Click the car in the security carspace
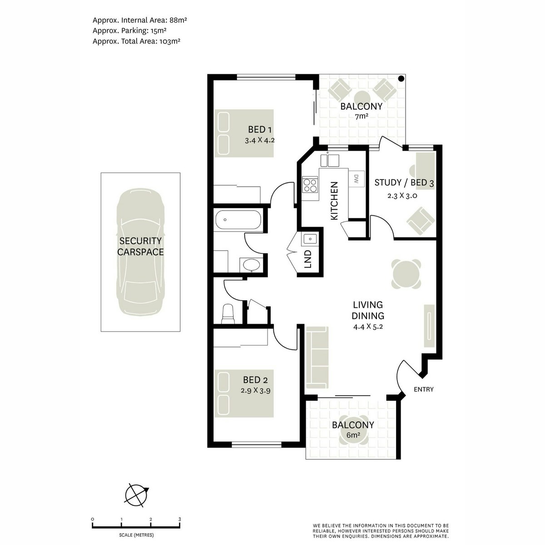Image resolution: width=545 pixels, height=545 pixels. (140, 252)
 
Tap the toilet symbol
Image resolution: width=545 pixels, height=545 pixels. (228, 314)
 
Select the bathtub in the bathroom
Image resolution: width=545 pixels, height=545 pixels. (238, 220)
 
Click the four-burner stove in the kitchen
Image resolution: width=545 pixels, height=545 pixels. (310, 184)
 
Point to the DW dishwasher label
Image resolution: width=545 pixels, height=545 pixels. (356, 178)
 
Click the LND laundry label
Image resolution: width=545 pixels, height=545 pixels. (308, 259)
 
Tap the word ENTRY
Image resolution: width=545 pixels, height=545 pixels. (423, 389)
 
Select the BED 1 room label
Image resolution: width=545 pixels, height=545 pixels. (260, 129)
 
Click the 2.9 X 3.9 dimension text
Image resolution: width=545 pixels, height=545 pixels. (255, 391)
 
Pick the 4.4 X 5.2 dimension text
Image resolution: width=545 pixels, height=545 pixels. (368, 327)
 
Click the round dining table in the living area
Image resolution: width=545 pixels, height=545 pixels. (406, 274)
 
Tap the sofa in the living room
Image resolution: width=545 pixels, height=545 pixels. (317, 357)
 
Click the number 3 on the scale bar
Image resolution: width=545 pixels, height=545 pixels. (179, 519)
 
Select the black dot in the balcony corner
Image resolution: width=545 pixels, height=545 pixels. (401, 79)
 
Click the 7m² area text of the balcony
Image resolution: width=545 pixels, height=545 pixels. (361, 116)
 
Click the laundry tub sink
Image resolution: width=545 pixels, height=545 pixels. (310, 239)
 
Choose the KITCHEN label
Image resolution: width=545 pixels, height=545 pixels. (334, 201)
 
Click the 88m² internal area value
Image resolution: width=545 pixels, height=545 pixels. (178, 20)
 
